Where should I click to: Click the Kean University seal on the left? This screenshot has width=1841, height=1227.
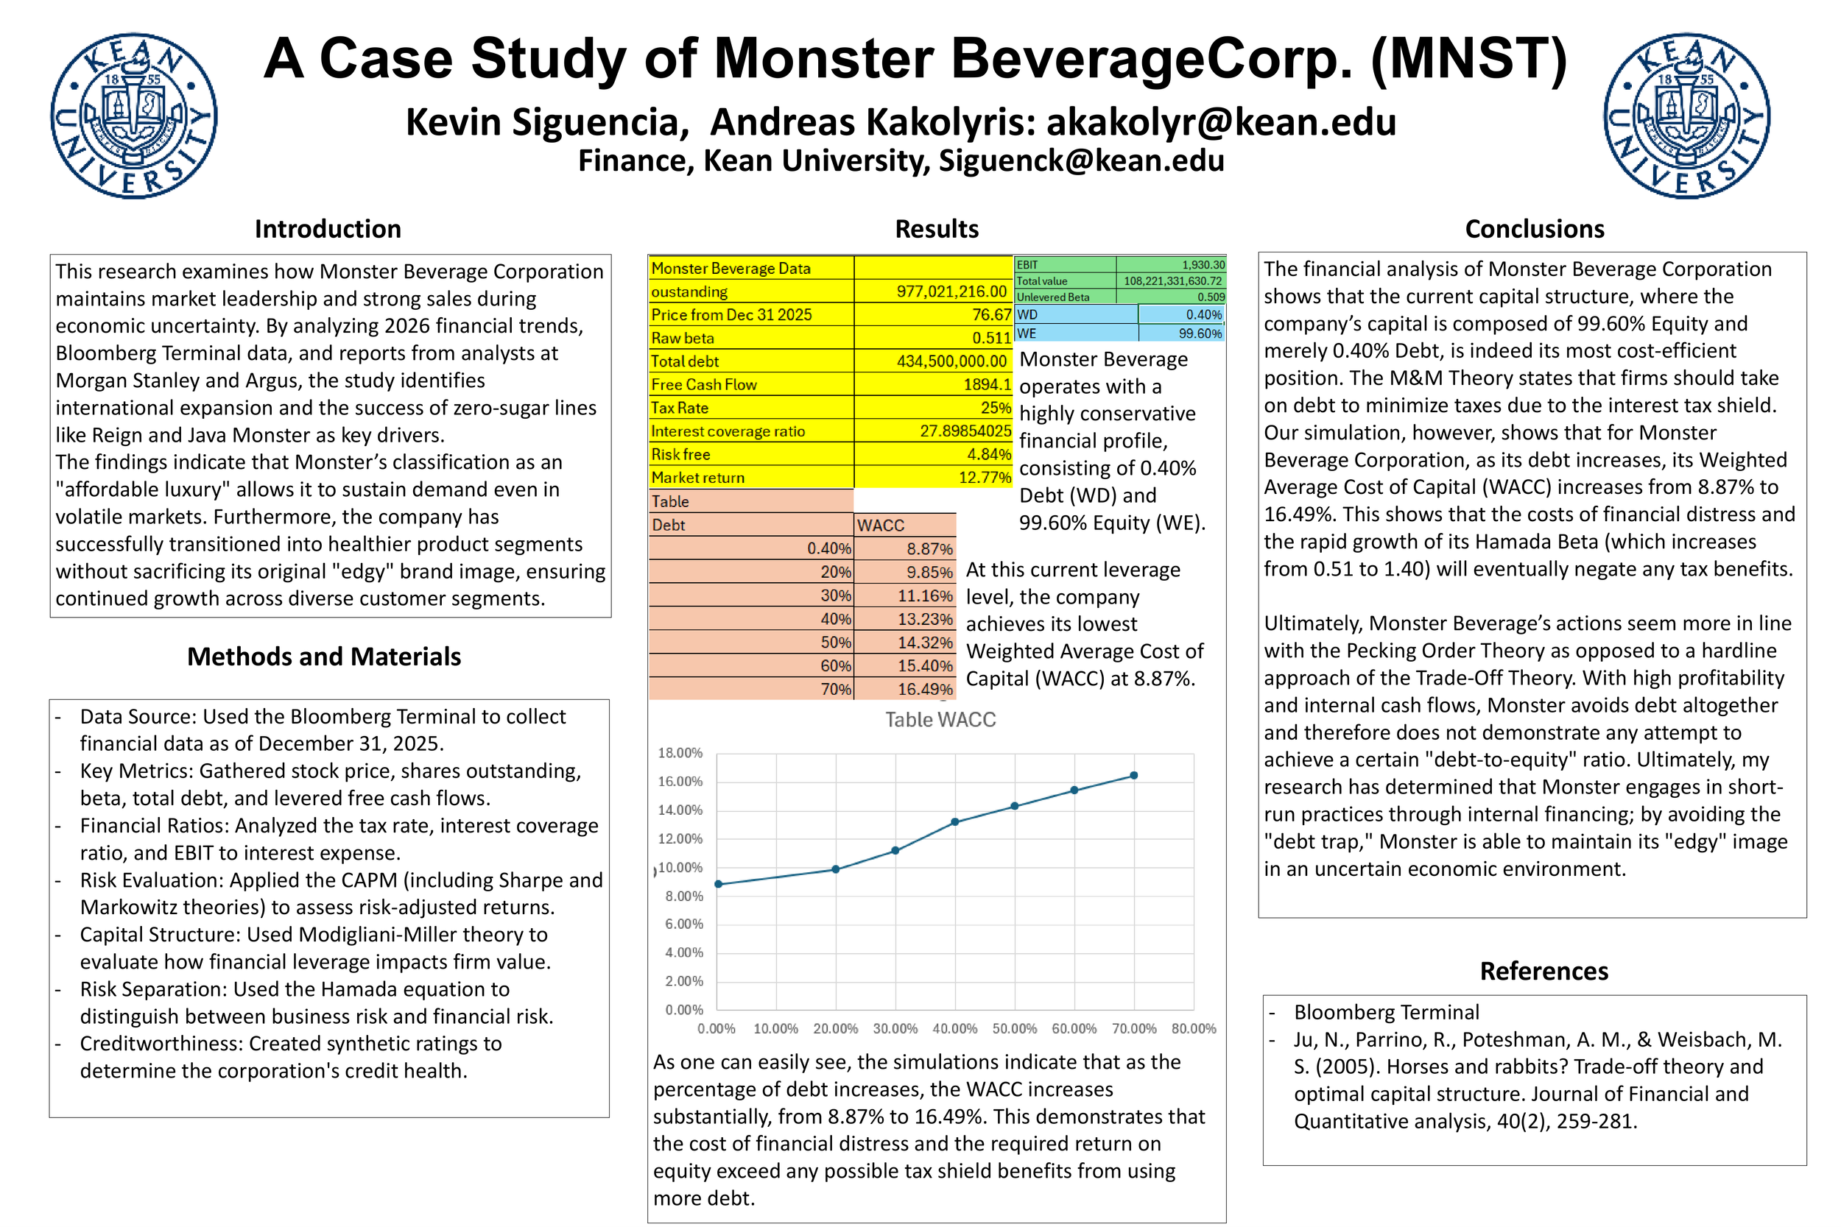tap(134, 116)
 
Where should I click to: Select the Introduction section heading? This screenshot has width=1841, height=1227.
tap(328, 229)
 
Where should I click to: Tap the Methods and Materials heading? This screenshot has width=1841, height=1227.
tap(324, 657)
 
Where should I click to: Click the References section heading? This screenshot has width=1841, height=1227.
tap(1543, 971)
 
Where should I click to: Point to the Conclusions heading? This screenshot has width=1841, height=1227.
tap(1534, 229)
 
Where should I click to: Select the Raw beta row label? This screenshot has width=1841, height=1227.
tap(683, 338)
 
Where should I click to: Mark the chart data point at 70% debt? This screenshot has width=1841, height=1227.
tap(1133, 776)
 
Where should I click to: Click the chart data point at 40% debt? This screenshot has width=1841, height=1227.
tap(955, 821)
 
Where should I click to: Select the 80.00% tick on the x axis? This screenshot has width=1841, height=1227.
tap(1193, 1028)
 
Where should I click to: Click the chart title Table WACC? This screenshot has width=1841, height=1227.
tap(940, 720)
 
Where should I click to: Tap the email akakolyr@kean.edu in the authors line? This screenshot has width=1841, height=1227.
tap(1221, 122)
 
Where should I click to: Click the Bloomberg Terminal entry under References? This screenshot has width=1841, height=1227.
tap(1385, 1013)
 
